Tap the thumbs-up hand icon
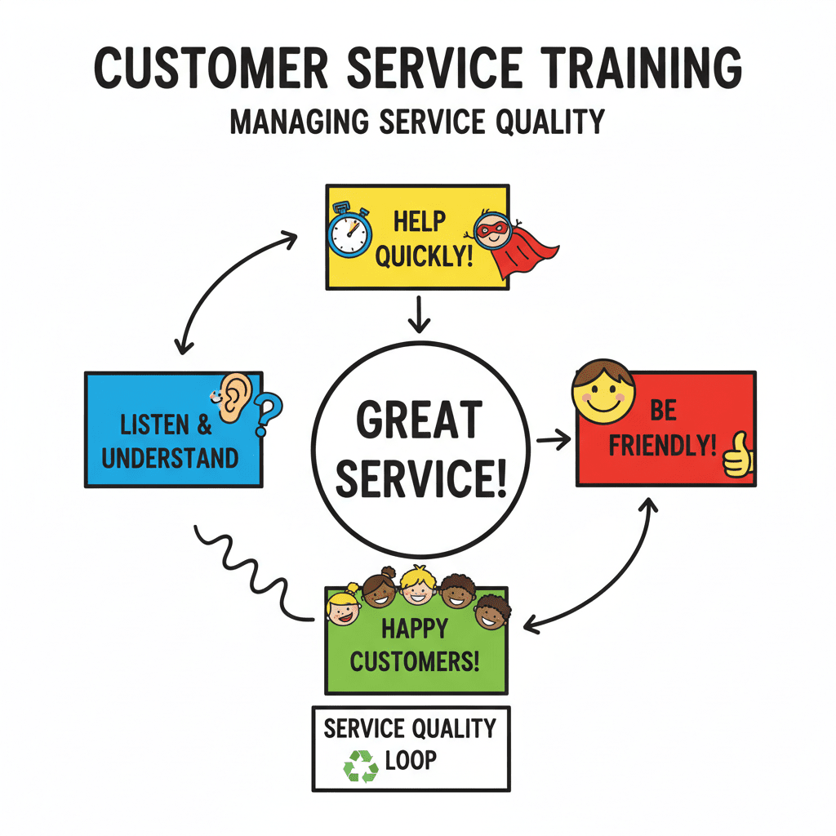(x=738, y=456)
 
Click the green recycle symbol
(x=360, y=765)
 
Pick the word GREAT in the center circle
(x=419, y=420)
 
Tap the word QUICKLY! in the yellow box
(x=420, y=256)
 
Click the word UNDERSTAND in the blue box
(x=170, y=457)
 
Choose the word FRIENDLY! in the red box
(x=663, y=446)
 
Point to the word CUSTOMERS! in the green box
(x=416, y=660)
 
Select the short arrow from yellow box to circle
(x=418, y=314)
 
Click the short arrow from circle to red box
(x=553, y=441)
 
